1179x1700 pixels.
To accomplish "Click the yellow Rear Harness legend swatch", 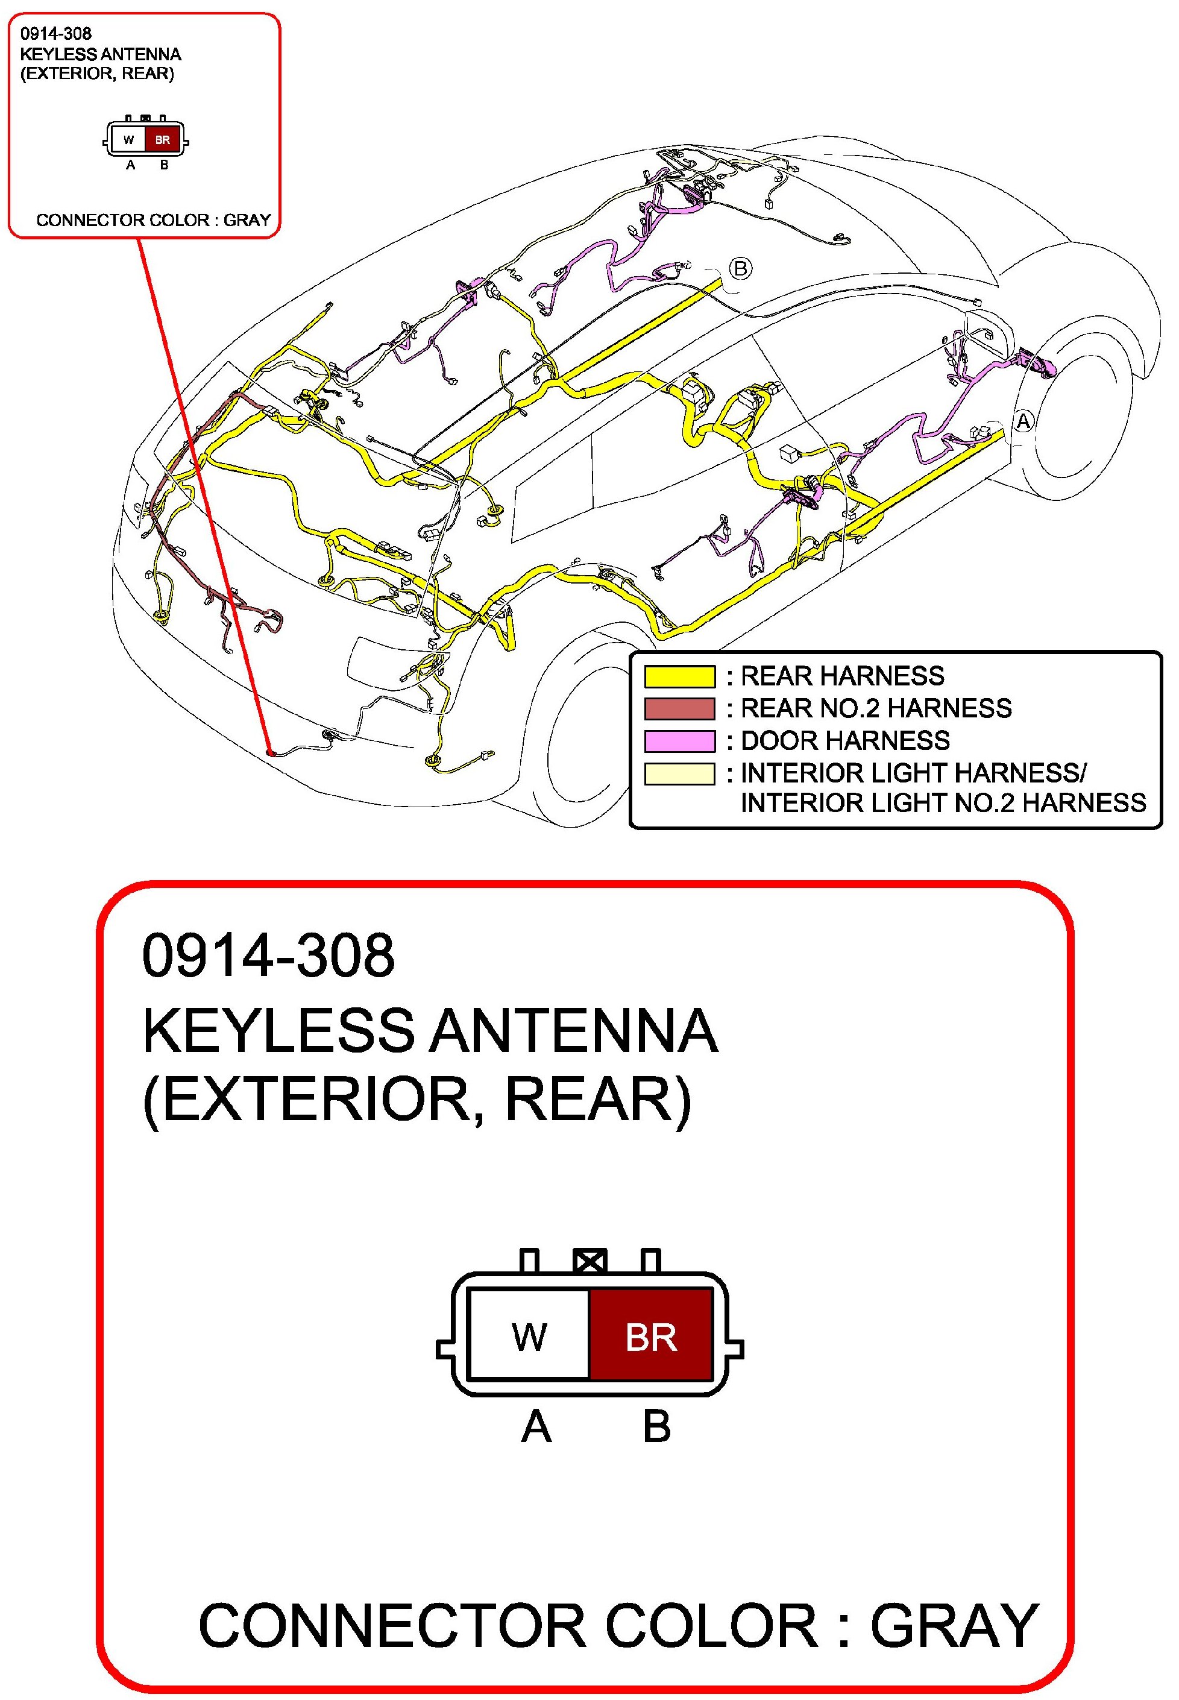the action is coord(679,676).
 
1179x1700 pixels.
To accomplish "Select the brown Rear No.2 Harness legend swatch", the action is coord(679,708).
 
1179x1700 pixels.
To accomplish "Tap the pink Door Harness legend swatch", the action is coord(679,740).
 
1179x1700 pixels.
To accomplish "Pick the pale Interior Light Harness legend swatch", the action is coord(679,773).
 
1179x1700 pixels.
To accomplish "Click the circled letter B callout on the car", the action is coord(740,268).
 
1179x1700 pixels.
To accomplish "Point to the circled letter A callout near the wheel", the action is coord(1023,421).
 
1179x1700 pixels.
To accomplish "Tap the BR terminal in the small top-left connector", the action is coord(163,140).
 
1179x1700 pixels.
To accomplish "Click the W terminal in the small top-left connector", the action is coord(128,140).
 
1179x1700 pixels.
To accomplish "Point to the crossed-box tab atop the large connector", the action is coord(590,1261).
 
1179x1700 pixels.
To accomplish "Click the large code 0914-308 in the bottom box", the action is coord(268,955).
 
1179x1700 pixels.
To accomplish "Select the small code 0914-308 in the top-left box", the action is coord(56,33).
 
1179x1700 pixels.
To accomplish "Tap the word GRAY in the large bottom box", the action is coord(954,1625).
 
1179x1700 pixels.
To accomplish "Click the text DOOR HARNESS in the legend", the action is coord(845,740).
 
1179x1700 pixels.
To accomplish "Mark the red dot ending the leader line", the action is coord(271,753).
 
